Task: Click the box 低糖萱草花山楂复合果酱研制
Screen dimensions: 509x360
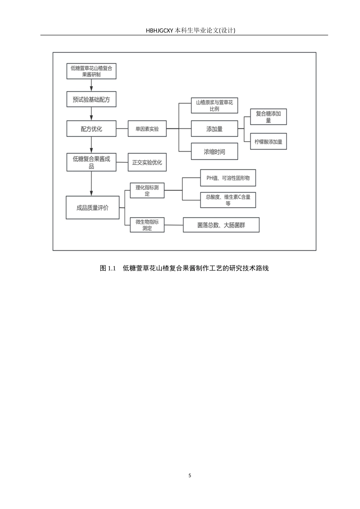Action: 91,71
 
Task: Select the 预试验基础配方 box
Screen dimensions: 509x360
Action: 91,100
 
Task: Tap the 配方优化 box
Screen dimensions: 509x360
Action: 91,129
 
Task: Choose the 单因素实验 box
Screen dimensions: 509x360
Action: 147,129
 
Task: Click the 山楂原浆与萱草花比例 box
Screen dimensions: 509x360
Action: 214,106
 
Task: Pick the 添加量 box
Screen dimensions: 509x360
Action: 214,129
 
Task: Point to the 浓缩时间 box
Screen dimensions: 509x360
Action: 214,151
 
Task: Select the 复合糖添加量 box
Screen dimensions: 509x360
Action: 268,117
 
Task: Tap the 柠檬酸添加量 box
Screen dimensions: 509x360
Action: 268,142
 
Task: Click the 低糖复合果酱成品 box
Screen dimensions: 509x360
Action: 91,162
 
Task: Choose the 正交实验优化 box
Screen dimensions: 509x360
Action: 147,162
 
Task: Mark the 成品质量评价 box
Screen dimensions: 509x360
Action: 92,208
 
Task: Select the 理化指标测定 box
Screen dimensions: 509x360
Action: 147,190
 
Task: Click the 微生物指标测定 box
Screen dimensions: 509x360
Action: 147,225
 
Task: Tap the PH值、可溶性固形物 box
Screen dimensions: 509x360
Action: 228,178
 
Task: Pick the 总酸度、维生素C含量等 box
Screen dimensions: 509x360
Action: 228,200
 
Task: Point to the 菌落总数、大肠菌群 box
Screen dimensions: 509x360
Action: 221,225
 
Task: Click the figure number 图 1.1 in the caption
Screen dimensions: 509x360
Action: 108,268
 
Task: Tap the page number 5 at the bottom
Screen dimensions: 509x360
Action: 190,475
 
